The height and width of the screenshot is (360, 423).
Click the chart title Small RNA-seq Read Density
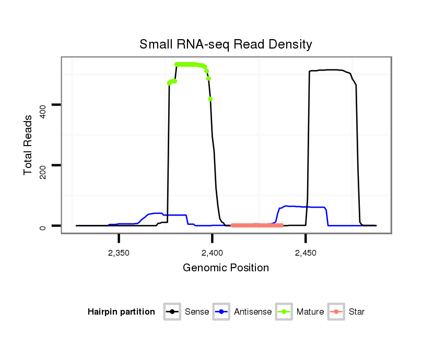[226, 44]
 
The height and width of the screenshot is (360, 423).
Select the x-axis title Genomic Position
[226, 268]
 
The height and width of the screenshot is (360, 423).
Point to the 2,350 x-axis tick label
[119, 253]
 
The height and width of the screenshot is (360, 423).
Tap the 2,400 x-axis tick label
[212, 253]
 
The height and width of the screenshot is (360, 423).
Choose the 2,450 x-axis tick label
[305, 253]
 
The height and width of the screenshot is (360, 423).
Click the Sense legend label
[197, 312]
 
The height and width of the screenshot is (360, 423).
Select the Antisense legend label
[253, 312]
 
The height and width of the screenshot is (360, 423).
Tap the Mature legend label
[310, 312]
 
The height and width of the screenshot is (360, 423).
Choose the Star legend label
[357, 312]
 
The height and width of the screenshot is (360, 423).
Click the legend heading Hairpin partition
[121, 312]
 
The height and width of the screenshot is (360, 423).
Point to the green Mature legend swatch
[285, 312]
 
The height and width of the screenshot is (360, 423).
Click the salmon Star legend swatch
[337, 312]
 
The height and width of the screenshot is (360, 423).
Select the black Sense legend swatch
[172, 312]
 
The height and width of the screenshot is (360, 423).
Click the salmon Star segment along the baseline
[256, 225]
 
